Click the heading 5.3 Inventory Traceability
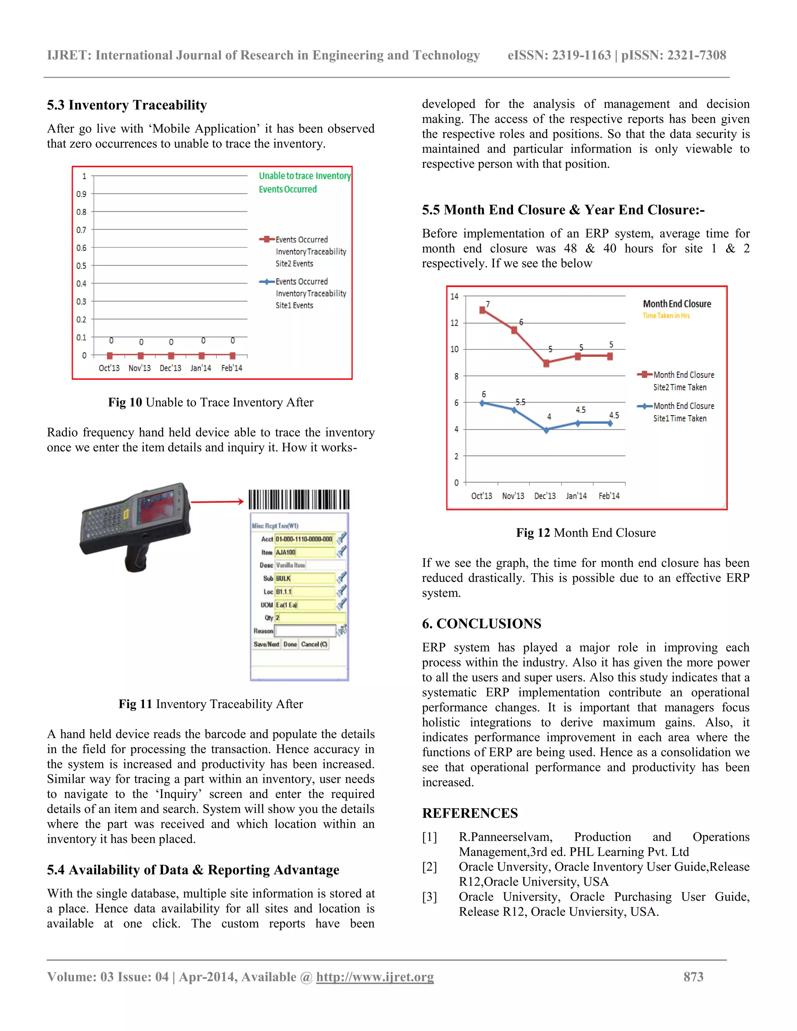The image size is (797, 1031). point(126,105)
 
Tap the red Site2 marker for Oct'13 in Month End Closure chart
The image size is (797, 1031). point(482,310)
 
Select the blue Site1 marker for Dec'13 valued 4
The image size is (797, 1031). point(546,430)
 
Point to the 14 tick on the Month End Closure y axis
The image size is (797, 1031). point(454,296)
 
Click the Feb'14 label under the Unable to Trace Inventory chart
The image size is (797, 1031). point(232,368)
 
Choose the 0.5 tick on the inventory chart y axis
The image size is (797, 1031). point(81,266)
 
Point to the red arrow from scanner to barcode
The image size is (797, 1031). point(217,502)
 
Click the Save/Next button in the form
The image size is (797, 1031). point(266,644)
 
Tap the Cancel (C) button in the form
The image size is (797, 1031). point(314,644)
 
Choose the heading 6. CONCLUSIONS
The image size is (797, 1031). point(482,624)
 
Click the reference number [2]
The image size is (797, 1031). point(429,867)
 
